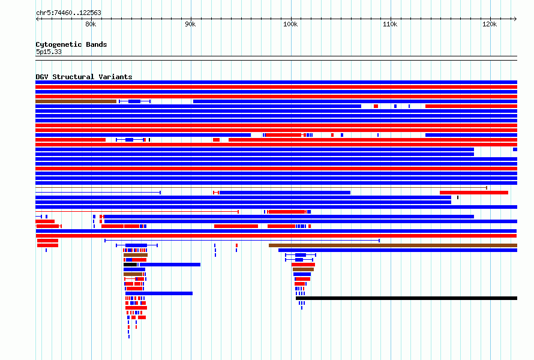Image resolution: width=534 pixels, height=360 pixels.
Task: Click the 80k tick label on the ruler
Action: [x=90, y=24]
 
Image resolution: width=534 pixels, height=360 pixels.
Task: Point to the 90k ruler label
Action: [x=190, y=24]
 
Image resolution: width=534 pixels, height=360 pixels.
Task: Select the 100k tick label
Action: [x=290, y=24]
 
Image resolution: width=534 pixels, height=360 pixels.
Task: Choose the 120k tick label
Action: [x=490, y=24]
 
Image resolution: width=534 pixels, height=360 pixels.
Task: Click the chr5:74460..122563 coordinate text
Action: [x=68, y=13]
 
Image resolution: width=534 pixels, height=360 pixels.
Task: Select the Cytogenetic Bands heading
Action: [x=71, y=44]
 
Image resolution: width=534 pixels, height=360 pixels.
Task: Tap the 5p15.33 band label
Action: [x=49, y=52]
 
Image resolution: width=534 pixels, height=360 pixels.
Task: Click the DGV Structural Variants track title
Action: [x=83, y=77]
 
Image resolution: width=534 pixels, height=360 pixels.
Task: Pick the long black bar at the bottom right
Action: [x=406, y=298]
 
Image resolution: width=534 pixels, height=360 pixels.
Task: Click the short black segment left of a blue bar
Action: [x=130, y=265]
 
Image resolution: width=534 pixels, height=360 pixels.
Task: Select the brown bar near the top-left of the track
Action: [x=76, y=101]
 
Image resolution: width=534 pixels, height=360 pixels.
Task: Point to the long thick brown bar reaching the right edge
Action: [x=392, y=245]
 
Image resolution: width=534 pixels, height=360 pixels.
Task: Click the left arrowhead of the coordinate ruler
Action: [x=37, y=19]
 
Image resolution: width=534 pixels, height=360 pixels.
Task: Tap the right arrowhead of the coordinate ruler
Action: [x=515, y=19]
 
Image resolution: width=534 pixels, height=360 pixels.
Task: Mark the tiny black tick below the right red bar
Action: [x=458, y=197]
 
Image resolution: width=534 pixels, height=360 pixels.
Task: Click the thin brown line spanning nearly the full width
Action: [x=261, y=188]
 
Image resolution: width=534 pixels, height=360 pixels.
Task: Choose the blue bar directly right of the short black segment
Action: [x=170, y=265]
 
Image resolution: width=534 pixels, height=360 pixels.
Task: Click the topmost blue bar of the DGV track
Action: [x=276, y=82]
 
